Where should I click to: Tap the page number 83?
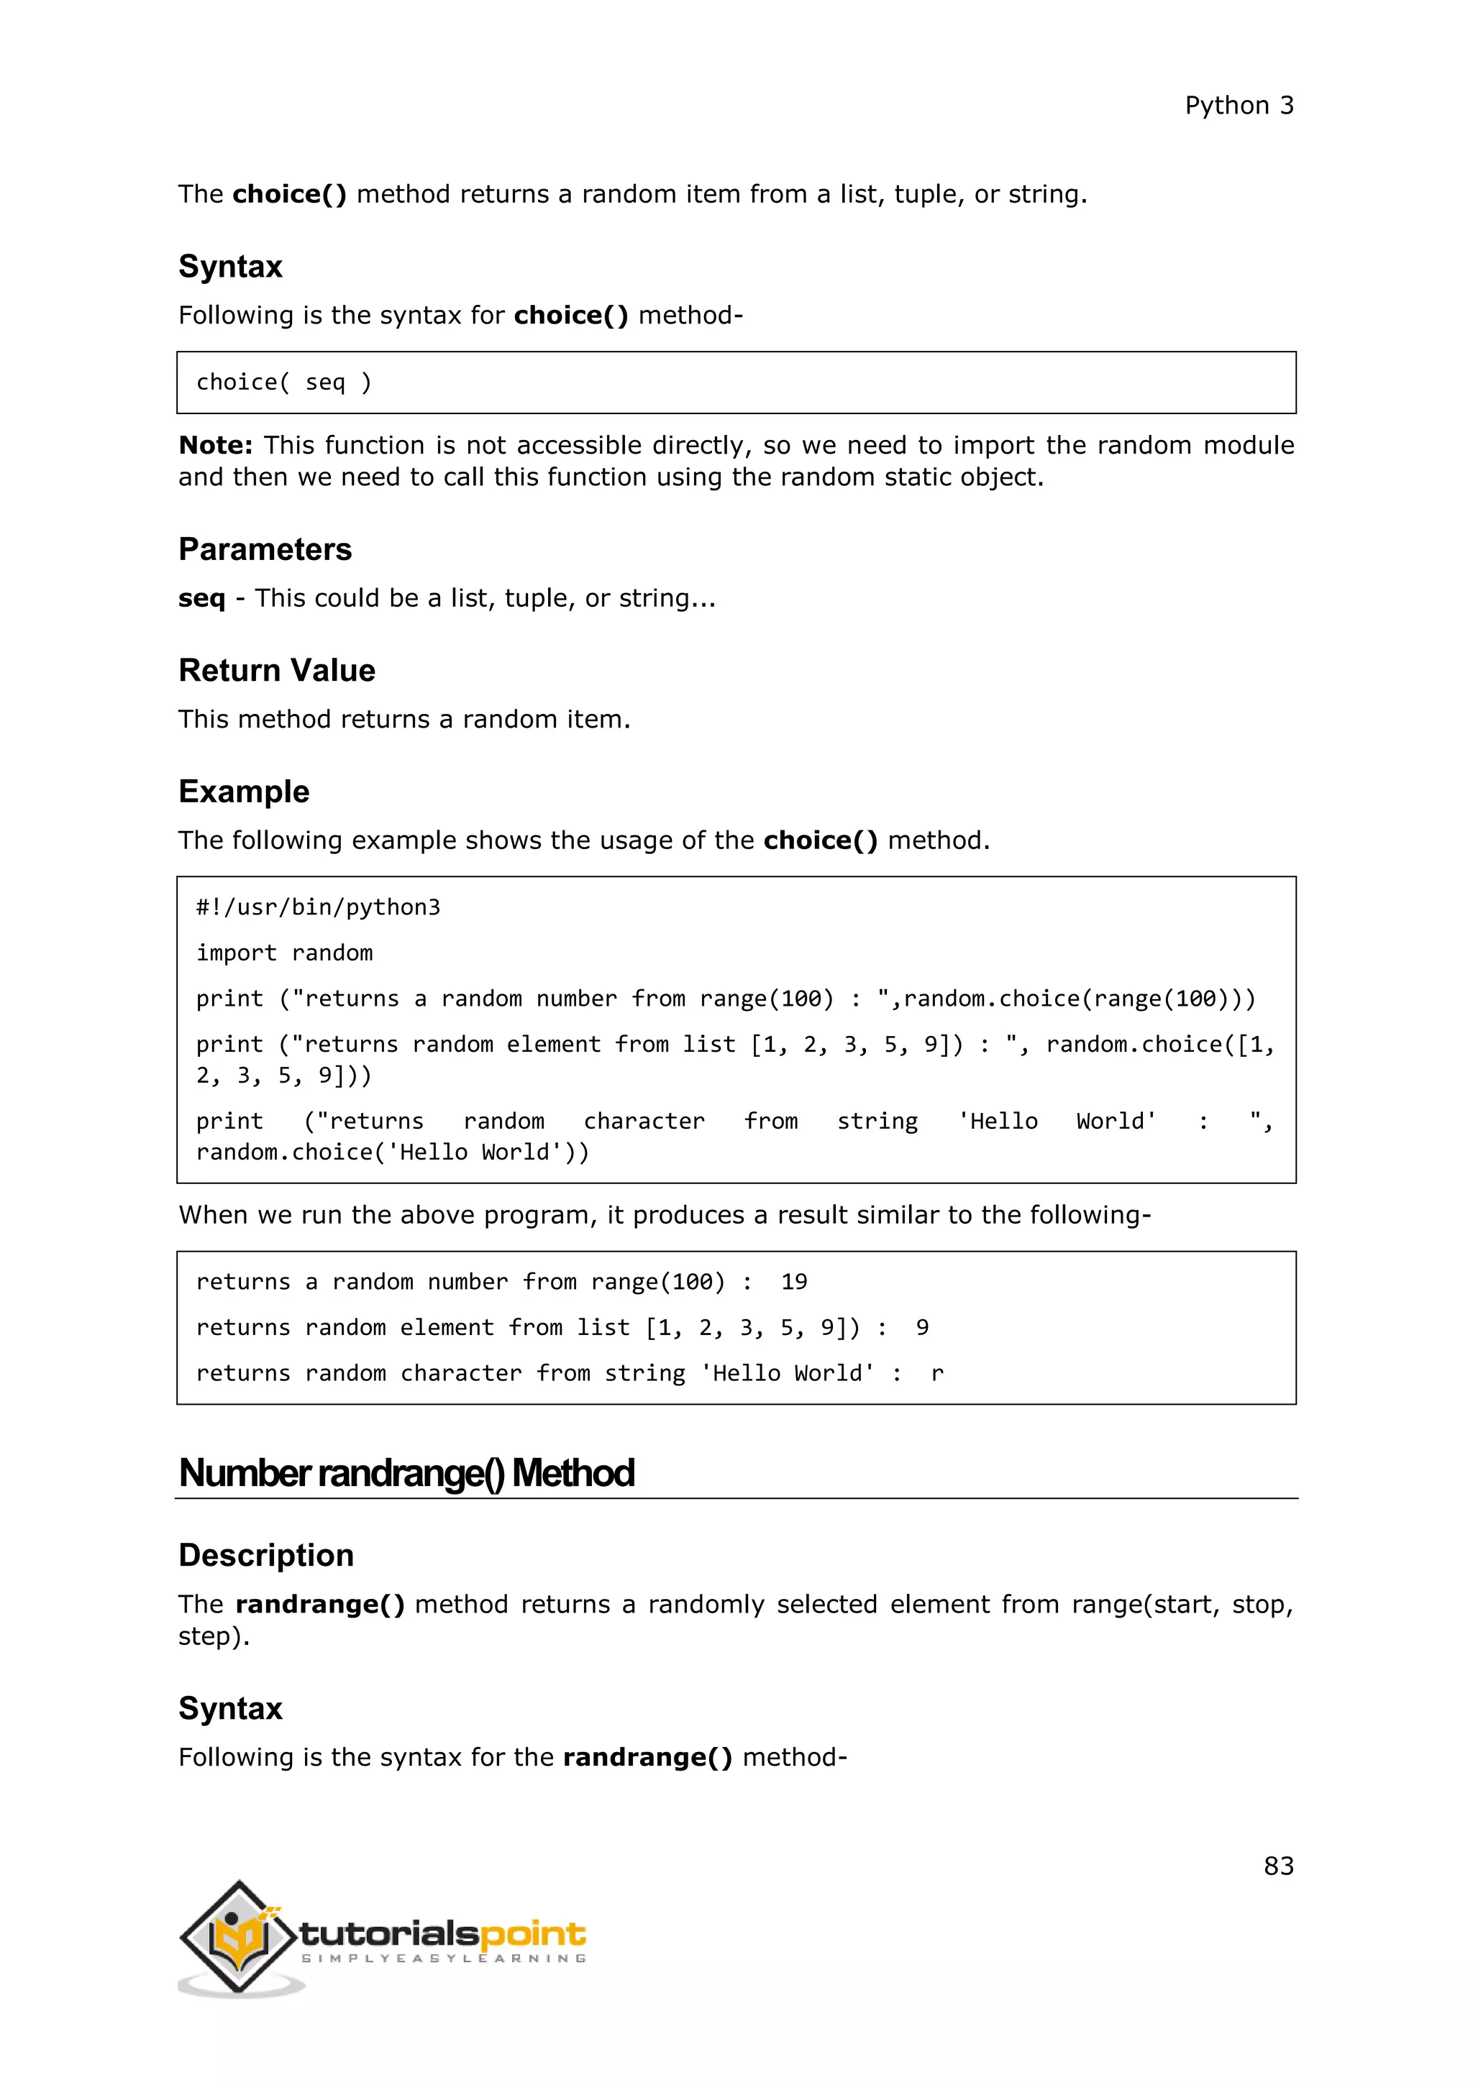1278,1866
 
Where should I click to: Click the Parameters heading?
265,549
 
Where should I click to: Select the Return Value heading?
277,670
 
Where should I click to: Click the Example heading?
244,792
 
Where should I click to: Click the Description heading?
265,1555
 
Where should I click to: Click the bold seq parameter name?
201,598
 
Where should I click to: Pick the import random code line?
285,953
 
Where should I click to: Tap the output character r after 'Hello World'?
937,1374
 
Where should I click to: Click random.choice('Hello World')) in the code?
393,1152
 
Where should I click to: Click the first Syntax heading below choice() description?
230,267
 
